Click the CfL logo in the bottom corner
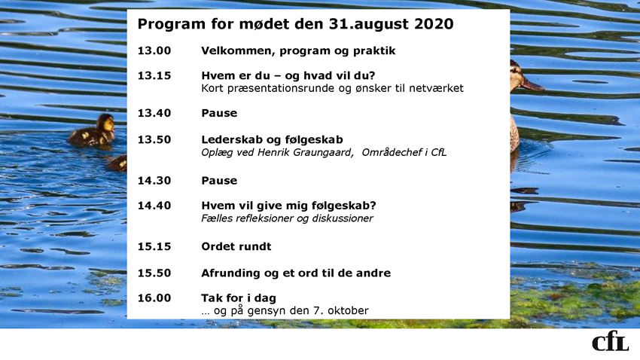coord(610,343)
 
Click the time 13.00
coord(154,50)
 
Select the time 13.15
coord(154,75)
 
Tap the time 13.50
coord(154,139)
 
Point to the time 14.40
coord(154,206)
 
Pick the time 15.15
coord(154,246)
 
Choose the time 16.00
coord(154,298)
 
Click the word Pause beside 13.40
coord(219,113)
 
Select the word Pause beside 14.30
coord(219,181)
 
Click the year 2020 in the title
coord(434,23)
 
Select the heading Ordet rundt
coord(236,246)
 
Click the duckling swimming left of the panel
coord(93,131)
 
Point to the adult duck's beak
coord(532,84)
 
